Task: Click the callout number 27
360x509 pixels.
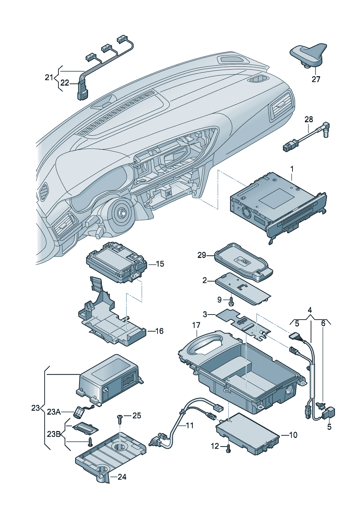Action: coord(316,79)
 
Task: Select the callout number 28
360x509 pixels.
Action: coord(308,119)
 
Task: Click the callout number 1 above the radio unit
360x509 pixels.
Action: coord(292,169)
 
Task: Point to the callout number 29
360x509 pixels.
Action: coord(202,255)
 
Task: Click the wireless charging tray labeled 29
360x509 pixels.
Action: coord(243,263)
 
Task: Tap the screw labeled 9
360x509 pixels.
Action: coord(231,300)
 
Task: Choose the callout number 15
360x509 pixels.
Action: coord(160,264)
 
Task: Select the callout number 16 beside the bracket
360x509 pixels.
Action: coord(159,331)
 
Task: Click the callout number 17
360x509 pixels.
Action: coord(196,325)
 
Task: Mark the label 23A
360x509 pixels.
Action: coord(54,412)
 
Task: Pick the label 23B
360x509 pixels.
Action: coord(54,434)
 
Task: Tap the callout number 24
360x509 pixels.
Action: coord(122,477)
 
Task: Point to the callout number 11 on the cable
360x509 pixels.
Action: coord(190,425)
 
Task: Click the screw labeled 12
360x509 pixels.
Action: coord(228,449)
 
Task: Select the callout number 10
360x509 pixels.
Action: coord(293,435)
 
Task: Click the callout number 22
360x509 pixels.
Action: coord(65,83)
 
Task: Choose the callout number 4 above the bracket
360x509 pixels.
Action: coord(310,310)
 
